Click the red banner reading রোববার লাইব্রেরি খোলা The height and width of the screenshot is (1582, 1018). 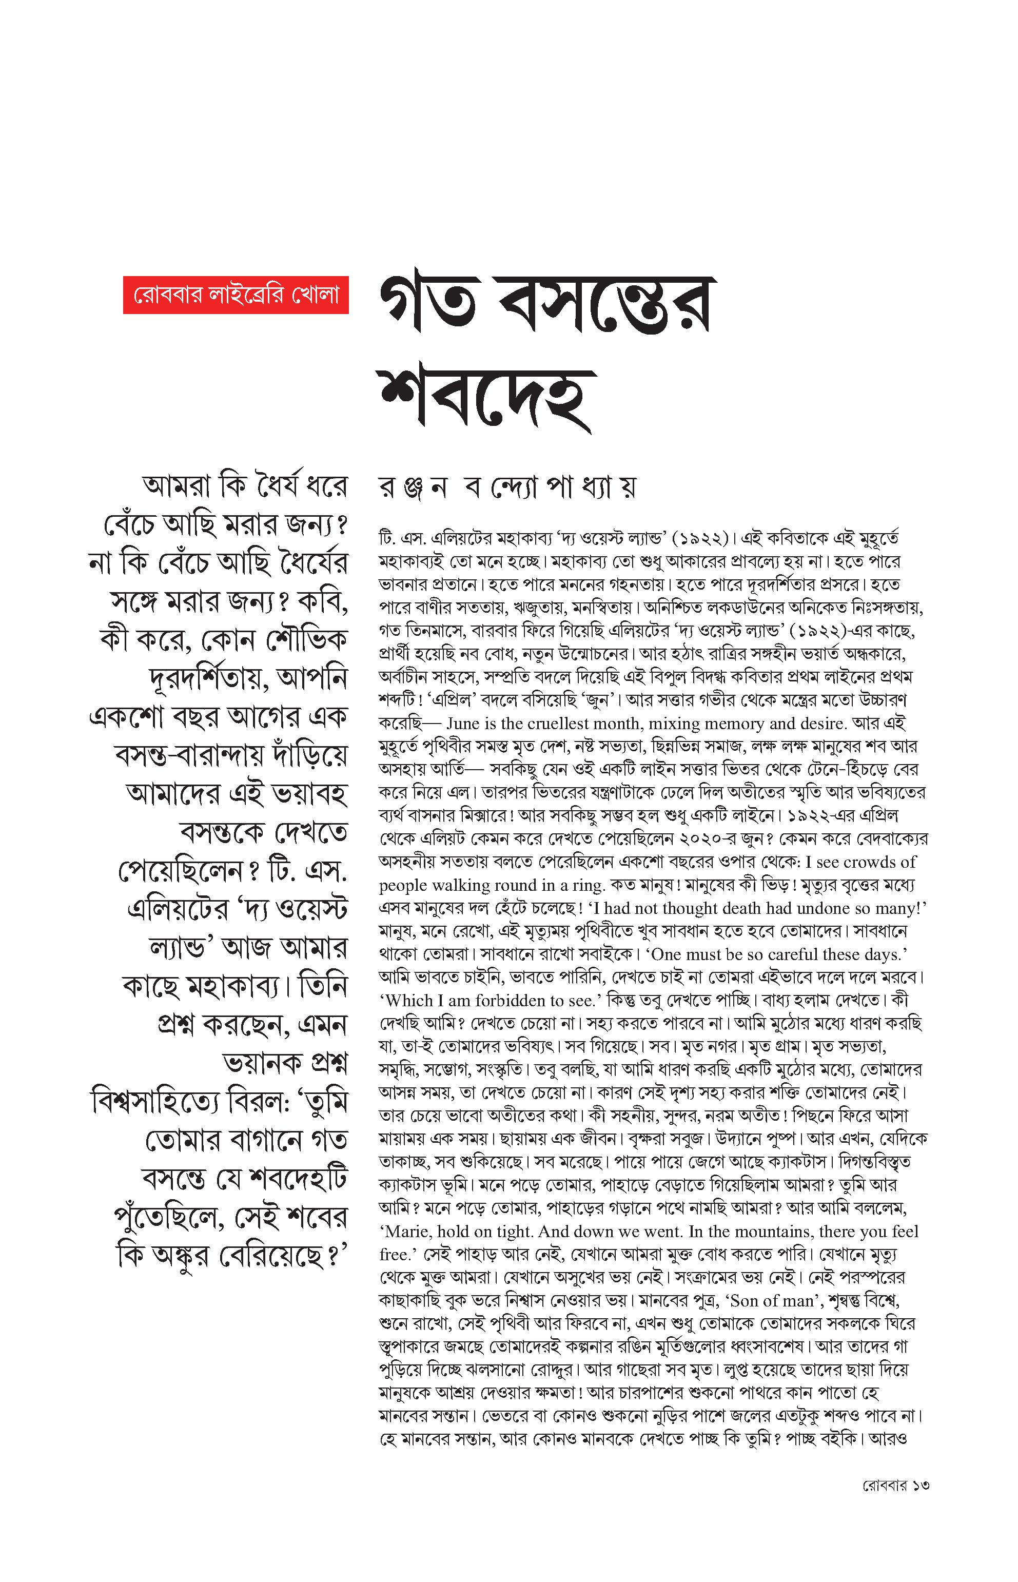click(x=236, y=295)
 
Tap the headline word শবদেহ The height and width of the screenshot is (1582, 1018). click(x=486, y=399)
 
